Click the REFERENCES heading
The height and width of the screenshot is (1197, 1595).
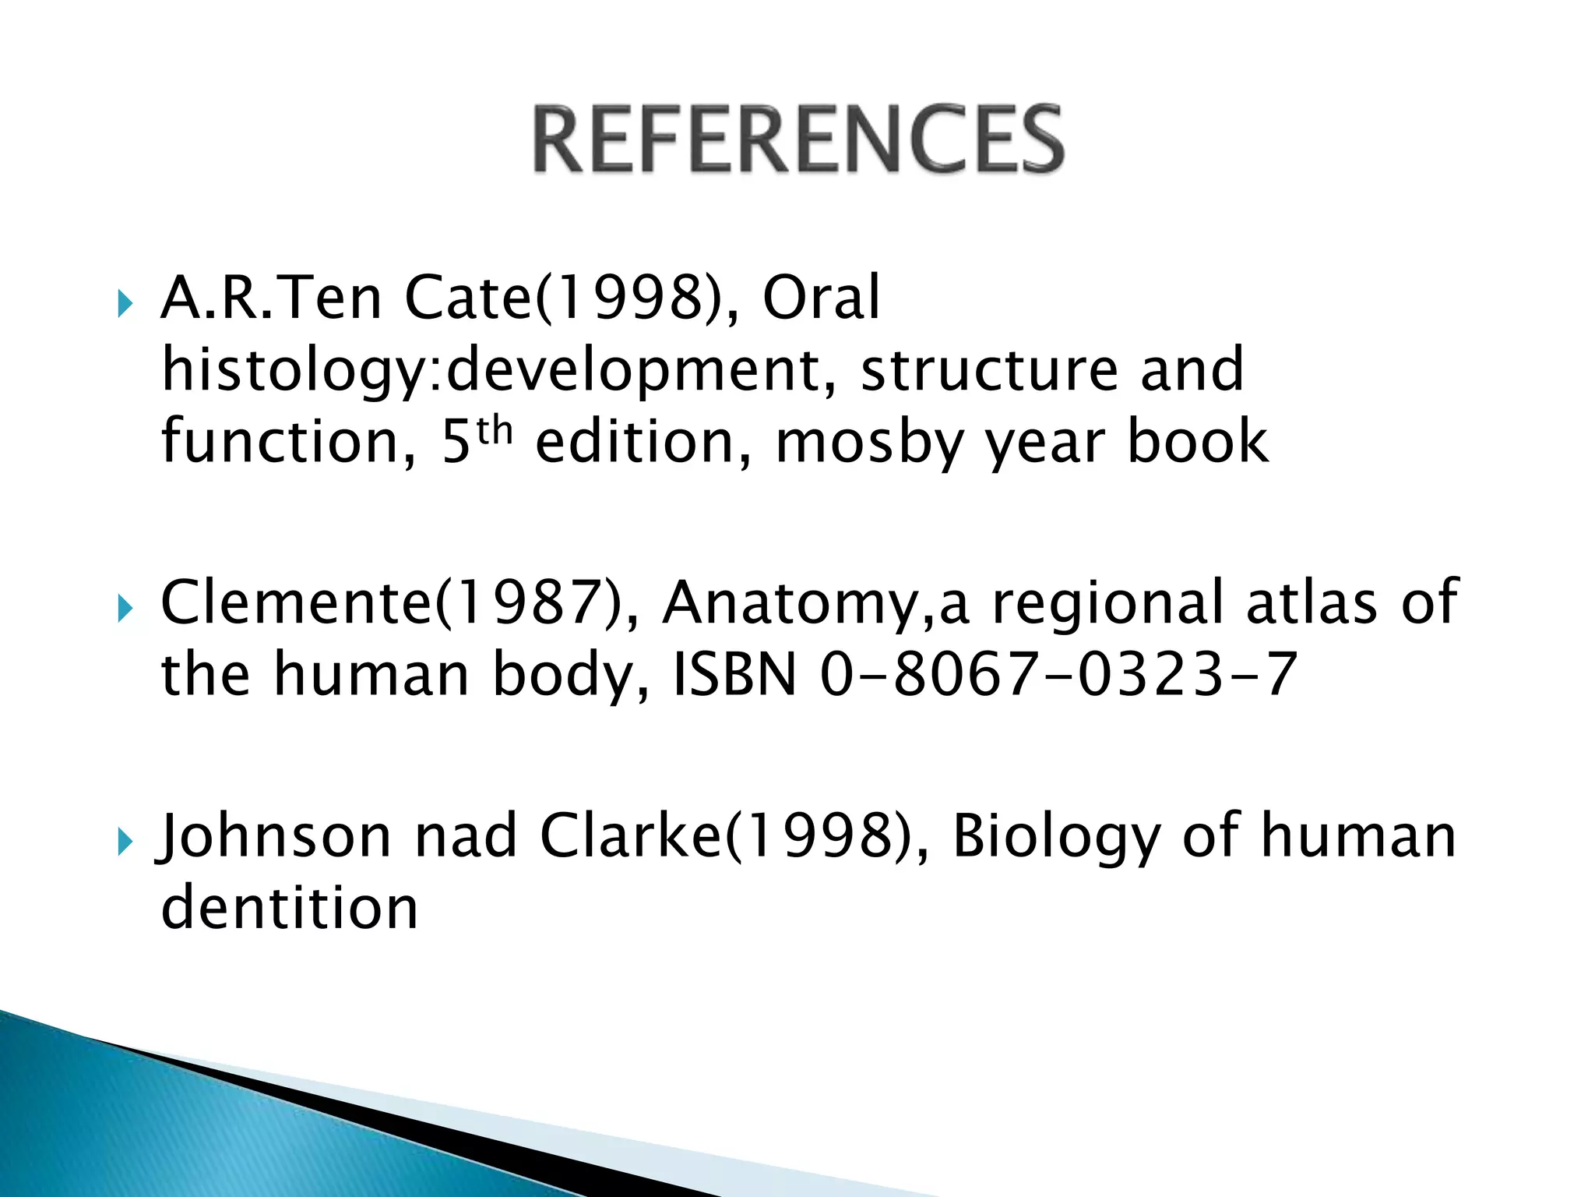coord(798,140)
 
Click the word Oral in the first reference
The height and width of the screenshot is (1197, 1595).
coord(821,298)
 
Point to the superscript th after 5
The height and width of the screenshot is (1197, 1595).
coord(494,429)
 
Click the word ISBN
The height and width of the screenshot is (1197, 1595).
coord(735,674)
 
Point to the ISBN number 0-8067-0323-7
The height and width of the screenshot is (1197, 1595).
coord(1058,674)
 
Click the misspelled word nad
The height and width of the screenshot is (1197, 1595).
coord(466,836)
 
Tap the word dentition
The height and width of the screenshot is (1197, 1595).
coord(290,908)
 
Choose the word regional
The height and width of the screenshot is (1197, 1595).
coord(1107,604)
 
